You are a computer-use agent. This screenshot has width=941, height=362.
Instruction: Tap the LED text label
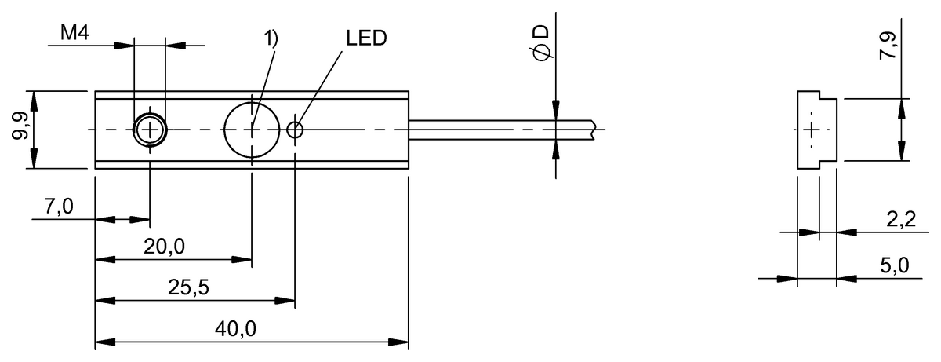pos(365,38)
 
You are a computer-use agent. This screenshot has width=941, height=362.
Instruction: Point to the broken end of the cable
pos(598,130)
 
